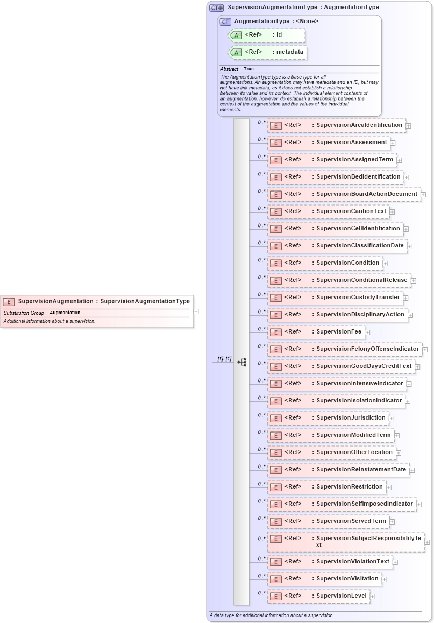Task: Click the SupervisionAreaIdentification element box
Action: point(337,125)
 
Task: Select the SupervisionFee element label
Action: point(339,332)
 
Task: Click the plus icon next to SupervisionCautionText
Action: point(393,212)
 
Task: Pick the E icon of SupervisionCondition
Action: point(275,264)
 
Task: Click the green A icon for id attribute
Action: point(236,36)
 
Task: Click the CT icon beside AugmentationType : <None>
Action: point(225,22)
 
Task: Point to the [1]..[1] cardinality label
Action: point(224,359)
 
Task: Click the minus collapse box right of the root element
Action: point(196,311)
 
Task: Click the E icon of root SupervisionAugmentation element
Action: point(9,302)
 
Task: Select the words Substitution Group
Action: point(24,313)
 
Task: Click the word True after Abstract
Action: point(248,69)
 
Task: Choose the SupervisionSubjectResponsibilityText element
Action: point(346,542)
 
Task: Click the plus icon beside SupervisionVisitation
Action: point(385,579)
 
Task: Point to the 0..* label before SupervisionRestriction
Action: point(261,484)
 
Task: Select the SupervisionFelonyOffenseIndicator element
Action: point(345,349)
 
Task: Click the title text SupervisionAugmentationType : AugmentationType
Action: point(303,8)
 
